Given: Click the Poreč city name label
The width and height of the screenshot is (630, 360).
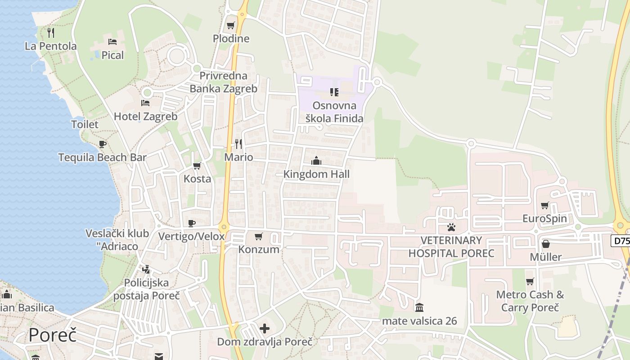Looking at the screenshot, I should [52, 335].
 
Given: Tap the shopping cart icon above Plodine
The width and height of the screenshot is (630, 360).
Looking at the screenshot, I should [231, 25].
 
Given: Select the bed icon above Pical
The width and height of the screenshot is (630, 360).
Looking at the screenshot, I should [112, 42].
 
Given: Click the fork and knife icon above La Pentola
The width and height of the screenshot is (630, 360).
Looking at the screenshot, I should [51, 32].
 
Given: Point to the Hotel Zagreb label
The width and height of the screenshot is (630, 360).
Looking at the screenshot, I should [145, 117].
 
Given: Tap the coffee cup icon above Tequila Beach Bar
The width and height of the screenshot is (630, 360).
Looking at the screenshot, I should [103, 144].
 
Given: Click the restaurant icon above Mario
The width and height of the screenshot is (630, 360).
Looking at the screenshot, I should [238, 144].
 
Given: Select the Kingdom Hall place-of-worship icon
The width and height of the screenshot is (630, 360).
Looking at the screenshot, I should [316, 161].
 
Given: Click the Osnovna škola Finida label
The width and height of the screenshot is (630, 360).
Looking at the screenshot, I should [334, 112].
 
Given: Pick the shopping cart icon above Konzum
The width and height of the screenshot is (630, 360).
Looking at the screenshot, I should [259, 236].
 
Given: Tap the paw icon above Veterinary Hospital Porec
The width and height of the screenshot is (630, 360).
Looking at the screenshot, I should [451, 227].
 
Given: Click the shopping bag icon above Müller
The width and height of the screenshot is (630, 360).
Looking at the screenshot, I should [546, 244].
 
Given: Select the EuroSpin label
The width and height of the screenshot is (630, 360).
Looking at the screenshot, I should [544, 219].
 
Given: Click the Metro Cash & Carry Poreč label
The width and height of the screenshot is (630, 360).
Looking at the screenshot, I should [530, 301].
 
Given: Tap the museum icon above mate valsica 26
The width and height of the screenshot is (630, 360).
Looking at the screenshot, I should [419, 307].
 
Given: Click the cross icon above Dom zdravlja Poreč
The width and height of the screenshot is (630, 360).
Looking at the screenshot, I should [265, 328].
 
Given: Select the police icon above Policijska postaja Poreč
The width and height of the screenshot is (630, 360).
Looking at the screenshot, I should [146, 270].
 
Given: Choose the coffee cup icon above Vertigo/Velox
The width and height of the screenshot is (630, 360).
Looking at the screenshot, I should [192, 223].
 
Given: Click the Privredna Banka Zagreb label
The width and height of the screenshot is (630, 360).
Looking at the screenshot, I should [223, 82].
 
